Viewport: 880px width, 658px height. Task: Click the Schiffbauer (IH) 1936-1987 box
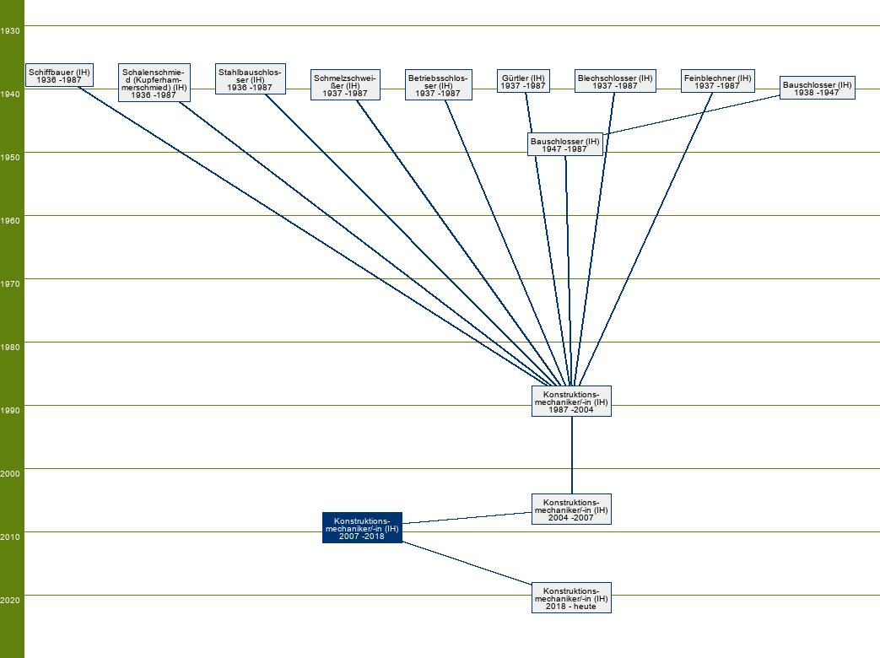pos(59,75)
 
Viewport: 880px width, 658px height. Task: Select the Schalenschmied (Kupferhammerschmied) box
pos(154,83)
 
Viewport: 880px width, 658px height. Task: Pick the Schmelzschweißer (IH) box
pos(345,85)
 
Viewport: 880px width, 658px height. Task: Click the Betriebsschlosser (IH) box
pos(438,85)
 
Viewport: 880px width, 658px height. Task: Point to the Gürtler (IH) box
pos(522,81)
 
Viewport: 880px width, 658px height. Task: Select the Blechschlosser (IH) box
pos(615,81)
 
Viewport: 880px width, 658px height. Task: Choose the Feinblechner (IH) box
pos(717,81)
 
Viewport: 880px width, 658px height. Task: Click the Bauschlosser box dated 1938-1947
pos(817,88)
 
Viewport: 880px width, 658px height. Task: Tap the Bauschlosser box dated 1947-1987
pos(564,144)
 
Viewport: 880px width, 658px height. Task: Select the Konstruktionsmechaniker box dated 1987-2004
pos(571,401)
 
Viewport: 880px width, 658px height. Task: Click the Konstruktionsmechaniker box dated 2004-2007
pos(571,509)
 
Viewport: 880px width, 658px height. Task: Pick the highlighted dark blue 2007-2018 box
pos(362,527)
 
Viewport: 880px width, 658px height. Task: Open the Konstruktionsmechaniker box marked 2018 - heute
pos(571,597)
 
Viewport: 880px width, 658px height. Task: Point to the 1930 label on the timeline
pos(11,30)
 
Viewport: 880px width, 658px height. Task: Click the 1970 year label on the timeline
pos(11,283)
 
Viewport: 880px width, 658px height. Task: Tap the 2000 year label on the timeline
pos(11,473)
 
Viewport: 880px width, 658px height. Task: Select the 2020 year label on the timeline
pos(11,600)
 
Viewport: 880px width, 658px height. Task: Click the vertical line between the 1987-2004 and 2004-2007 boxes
pos(571,456)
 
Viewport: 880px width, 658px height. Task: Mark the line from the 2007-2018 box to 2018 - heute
pos(467,562)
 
